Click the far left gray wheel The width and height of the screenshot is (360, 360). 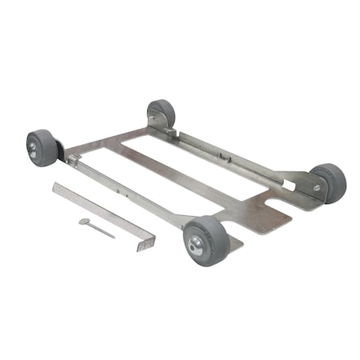[42, 148]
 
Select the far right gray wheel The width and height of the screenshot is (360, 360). [329, 182]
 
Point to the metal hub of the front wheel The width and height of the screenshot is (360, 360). [194, 242]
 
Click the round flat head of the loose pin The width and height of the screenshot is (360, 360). [84, 222]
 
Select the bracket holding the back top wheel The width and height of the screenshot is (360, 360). [157, 126]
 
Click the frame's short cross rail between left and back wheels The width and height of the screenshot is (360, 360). [108, 141]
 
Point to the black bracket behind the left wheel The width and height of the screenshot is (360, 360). [60, 150]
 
